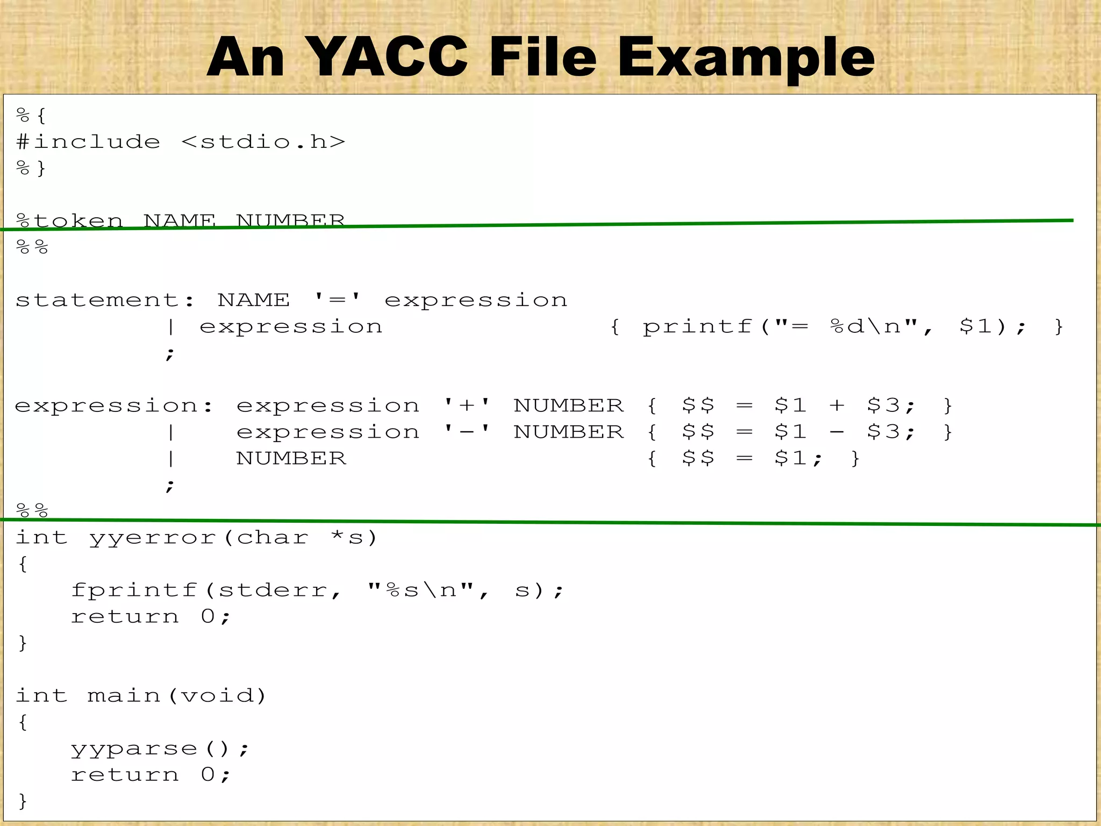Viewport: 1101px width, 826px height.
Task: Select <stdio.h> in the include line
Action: pos(263,142)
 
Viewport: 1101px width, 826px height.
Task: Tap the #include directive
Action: pos(89,142)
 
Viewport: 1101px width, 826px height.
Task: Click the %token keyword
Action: pos(70,220)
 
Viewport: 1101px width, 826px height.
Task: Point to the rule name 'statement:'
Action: pos(105,300)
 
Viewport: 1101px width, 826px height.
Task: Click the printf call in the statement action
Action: pos(697,327)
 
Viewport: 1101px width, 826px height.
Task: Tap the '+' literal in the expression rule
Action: pos(467,405)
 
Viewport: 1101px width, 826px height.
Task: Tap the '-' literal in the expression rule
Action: pos(467,431)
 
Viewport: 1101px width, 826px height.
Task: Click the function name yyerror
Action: pos(153,538)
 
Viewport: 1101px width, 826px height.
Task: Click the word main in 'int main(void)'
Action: pos(124,696)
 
